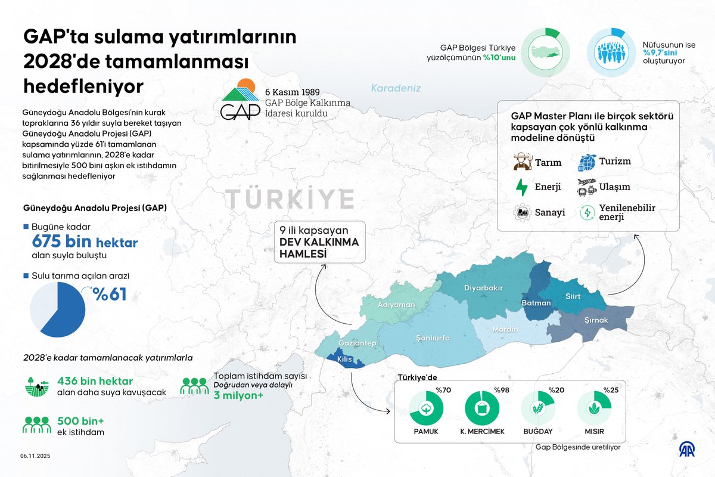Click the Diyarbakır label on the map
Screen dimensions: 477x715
pos(483,288)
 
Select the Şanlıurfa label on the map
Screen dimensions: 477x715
pos(433,337)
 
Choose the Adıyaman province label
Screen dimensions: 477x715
pos(396,305)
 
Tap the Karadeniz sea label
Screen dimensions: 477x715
pos(396,88)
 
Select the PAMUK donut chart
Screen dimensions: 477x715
pos(426,408)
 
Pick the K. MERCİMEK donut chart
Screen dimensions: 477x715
pos(481,408)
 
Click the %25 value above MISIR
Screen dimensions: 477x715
pos(611,390)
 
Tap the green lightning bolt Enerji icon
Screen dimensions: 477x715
pos(521,187)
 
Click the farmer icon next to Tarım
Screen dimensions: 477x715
pos(521,162)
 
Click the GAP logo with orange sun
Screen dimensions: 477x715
pos(240,98)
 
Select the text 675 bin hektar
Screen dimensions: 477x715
pos(84,243)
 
